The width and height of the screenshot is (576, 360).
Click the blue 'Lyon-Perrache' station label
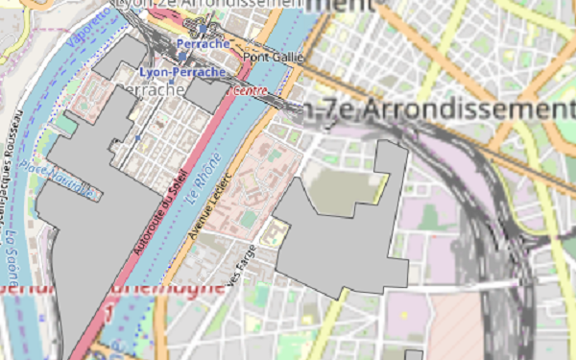point(181,72)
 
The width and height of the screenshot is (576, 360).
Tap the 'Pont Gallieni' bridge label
point(273,57)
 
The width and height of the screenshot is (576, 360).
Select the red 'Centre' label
point(249,90)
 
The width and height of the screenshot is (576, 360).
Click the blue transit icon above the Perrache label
point(203,30)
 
